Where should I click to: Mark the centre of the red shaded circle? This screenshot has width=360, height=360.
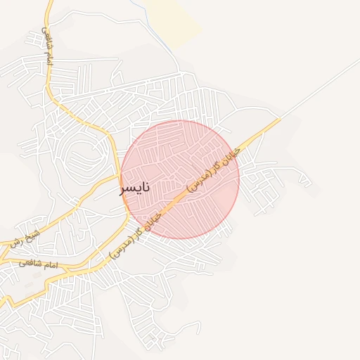(180, 179)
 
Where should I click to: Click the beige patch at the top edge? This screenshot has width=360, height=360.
(172, 18)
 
